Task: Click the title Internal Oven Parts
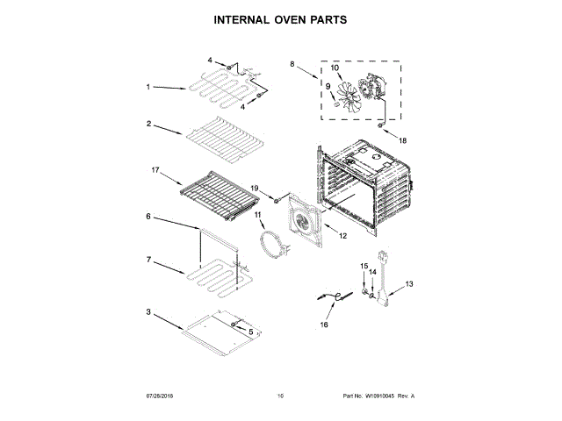[x=280, y=18]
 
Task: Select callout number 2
[x=150, y=124]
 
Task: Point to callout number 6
[x=149, y=216]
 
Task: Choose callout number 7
[x=150, y=260]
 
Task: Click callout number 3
[x=150, y=311]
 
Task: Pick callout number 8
[x=293, y=64]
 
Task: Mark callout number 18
[x=404, y=140]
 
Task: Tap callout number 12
[x=343, y=235]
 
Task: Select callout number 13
[x=408, y=284]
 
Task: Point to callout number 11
[x=258, y=214]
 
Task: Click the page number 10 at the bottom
[x=280, y=396]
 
